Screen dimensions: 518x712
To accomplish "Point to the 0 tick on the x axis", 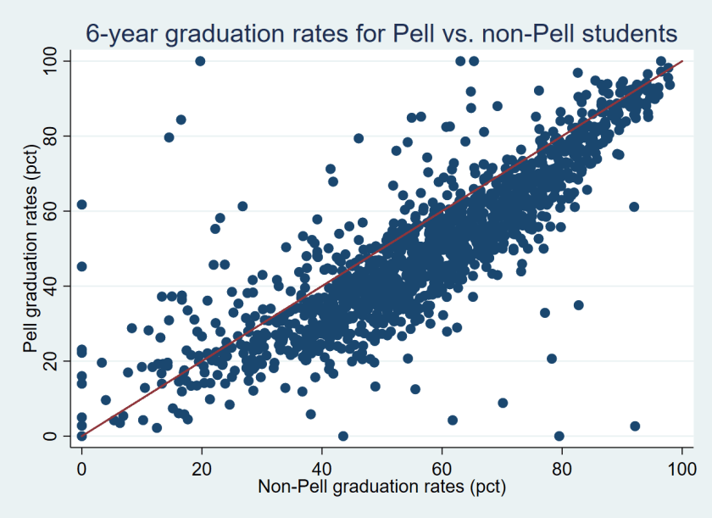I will click(81, 466).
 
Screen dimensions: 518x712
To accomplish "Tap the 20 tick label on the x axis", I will click(202, 466).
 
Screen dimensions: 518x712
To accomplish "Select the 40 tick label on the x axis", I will click(322, 466).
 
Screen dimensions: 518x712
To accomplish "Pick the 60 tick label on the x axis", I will click(442, 466).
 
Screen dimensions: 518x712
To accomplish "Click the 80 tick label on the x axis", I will click(562, 466).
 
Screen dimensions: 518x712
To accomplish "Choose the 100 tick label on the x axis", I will click(681, 466).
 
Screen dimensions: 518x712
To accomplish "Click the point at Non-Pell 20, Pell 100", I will click(200, 61).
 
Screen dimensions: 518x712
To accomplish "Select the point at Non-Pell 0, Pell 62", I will click(81, 204).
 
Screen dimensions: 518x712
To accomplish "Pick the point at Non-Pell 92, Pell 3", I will click(635, 426).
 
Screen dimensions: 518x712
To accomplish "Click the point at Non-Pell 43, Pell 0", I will click(342, 436).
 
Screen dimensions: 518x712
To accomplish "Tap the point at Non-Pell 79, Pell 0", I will click(559, 436).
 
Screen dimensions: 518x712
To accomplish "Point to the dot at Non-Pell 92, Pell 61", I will click(634, 207).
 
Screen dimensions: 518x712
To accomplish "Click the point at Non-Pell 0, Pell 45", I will click(81, 266).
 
